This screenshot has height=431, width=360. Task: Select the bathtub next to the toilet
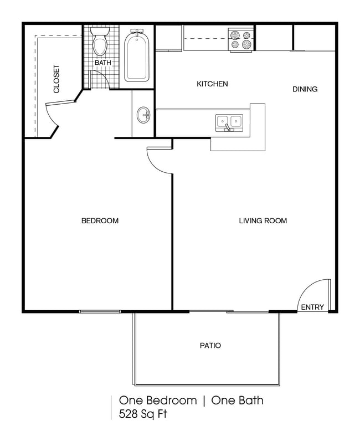point(136,56)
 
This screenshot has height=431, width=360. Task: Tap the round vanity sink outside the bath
point(143,116)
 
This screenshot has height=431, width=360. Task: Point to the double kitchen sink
point(229,121)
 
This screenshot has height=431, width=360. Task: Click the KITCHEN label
point(213,84)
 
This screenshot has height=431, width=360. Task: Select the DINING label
point(305,89)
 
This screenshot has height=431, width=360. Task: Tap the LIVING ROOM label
point(263,221)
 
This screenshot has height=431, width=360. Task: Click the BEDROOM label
point(100,221)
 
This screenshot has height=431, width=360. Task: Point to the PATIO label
point(210,346)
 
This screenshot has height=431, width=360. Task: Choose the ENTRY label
point(312,307)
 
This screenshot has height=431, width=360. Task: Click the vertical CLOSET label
point(56,79)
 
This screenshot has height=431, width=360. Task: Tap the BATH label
point(102,63)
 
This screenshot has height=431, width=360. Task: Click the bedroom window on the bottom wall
point(100,311)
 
